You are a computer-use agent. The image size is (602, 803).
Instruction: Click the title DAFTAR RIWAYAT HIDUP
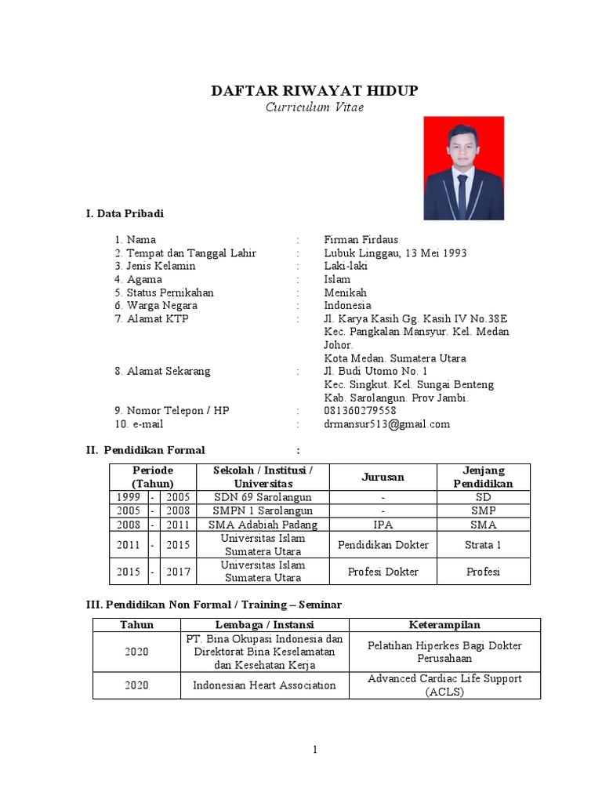click(x=314, y=91)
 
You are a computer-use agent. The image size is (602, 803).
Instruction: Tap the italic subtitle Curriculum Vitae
click(x=314, y=107)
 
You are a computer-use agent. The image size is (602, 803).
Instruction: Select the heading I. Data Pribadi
click(x=125, y=213)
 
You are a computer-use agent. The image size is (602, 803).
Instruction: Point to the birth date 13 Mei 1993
click(x=433, y=253)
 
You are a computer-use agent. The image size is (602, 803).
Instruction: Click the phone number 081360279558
click(x=360, y=411)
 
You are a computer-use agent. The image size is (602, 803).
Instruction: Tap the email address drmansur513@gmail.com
click(x=387, y=424)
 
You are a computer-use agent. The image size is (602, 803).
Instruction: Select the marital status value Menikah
click(x=345, y=292)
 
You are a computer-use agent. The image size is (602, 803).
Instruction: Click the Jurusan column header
click(x=383, y=477)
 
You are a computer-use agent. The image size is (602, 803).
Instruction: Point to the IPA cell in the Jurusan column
click(x=383, y=524)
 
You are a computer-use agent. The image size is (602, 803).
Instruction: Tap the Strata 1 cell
click(x=483, y=544)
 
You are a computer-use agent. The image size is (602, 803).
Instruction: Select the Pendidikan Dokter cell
click(x=383, y=544)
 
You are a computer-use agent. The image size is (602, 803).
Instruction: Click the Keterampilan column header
click(x=444, y=624)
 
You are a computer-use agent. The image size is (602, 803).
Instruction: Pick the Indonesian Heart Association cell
click(x=264, y=685)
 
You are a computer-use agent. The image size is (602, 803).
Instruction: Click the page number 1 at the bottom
click(x=315, y=750)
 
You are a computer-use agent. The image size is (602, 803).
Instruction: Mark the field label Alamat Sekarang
click(x=169, y=371)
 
